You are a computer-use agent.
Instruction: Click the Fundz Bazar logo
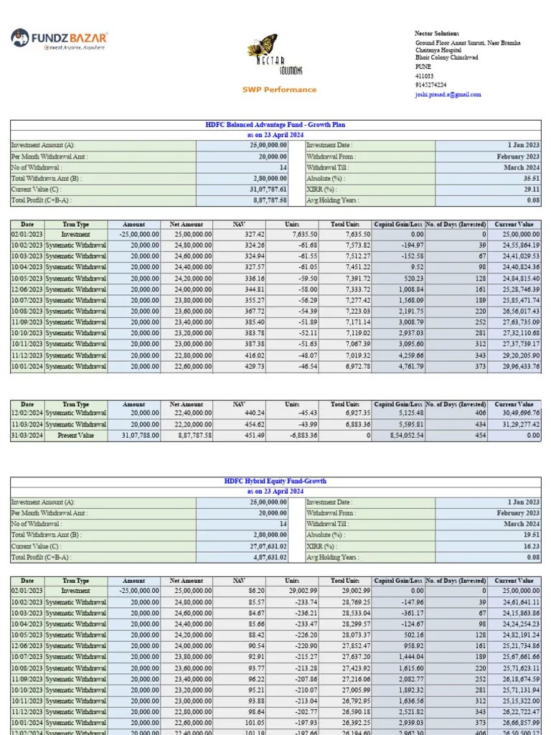pyautogui.click(x=60, y=39)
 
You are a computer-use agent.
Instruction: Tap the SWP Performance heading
pyautogui.click(x=278, y=90)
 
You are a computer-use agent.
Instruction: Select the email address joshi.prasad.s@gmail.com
pyautogui.click(x=448, y=94)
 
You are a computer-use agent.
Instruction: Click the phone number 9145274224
pyautogui.click(x=430, y=85)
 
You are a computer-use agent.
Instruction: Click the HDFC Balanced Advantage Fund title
pyautogui.click(x=275, y=125)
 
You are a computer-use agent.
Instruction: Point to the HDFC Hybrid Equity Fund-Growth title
pyautogui.click(x=275, y=481)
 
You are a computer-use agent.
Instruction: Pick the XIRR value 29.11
pyautogui.click(x=532, y=189)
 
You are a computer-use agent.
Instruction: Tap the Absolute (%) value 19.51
pyautogui.click(x=532, y=535)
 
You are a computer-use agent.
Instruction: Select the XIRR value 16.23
pyautogui.click(x=532, y=546)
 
